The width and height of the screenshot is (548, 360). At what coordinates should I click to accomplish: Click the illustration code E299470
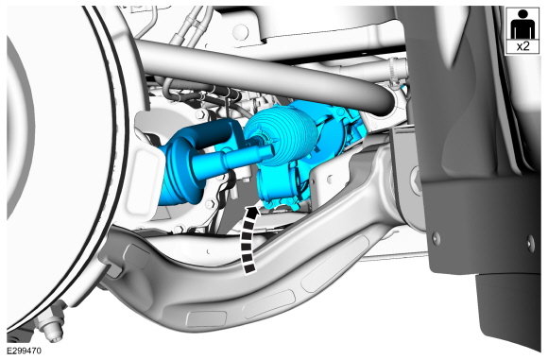tap(25, 351)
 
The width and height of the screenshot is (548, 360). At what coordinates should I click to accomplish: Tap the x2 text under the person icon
tap(522, 46)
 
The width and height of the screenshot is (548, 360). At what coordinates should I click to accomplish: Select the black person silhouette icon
tap(522, 25)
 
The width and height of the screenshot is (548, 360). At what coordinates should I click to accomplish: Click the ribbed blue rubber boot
tap(281, 136)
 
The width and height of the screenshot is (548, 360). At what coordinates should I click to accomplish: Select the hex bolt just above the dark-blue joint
tap(201, 114)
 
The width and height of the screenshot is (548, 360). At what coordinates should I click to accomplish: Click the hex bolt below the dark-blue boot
tap(210, 203)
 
